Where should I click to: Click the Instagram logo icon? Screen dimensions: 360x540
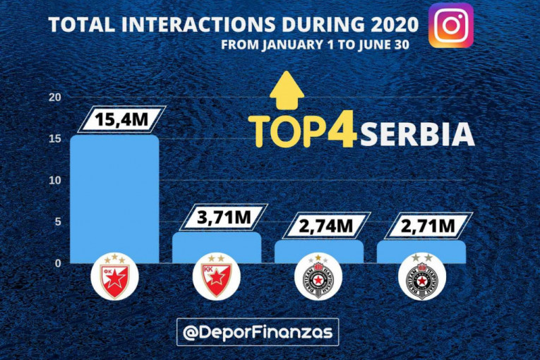pos(451,25)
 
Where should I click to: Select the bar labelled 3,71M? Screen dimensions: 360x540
pos(216,247)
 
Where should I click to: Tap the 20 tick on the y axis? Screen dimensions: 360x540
pos(55,97)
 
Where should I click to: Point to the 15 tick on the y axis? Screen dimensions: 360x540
pos(55,139)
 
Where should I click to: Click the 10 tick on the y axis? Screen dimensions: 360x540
pos(55,181)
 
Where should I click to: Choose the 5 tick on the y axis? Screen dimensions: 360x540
pos(59,222)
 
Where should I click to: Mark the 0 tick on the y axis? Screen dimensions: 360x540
pos(59,263)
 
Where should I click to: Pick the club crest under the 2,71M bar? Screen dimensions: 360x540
pos(421,278)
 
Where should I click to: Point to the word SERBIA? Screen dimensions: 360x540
pos(415,133)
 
